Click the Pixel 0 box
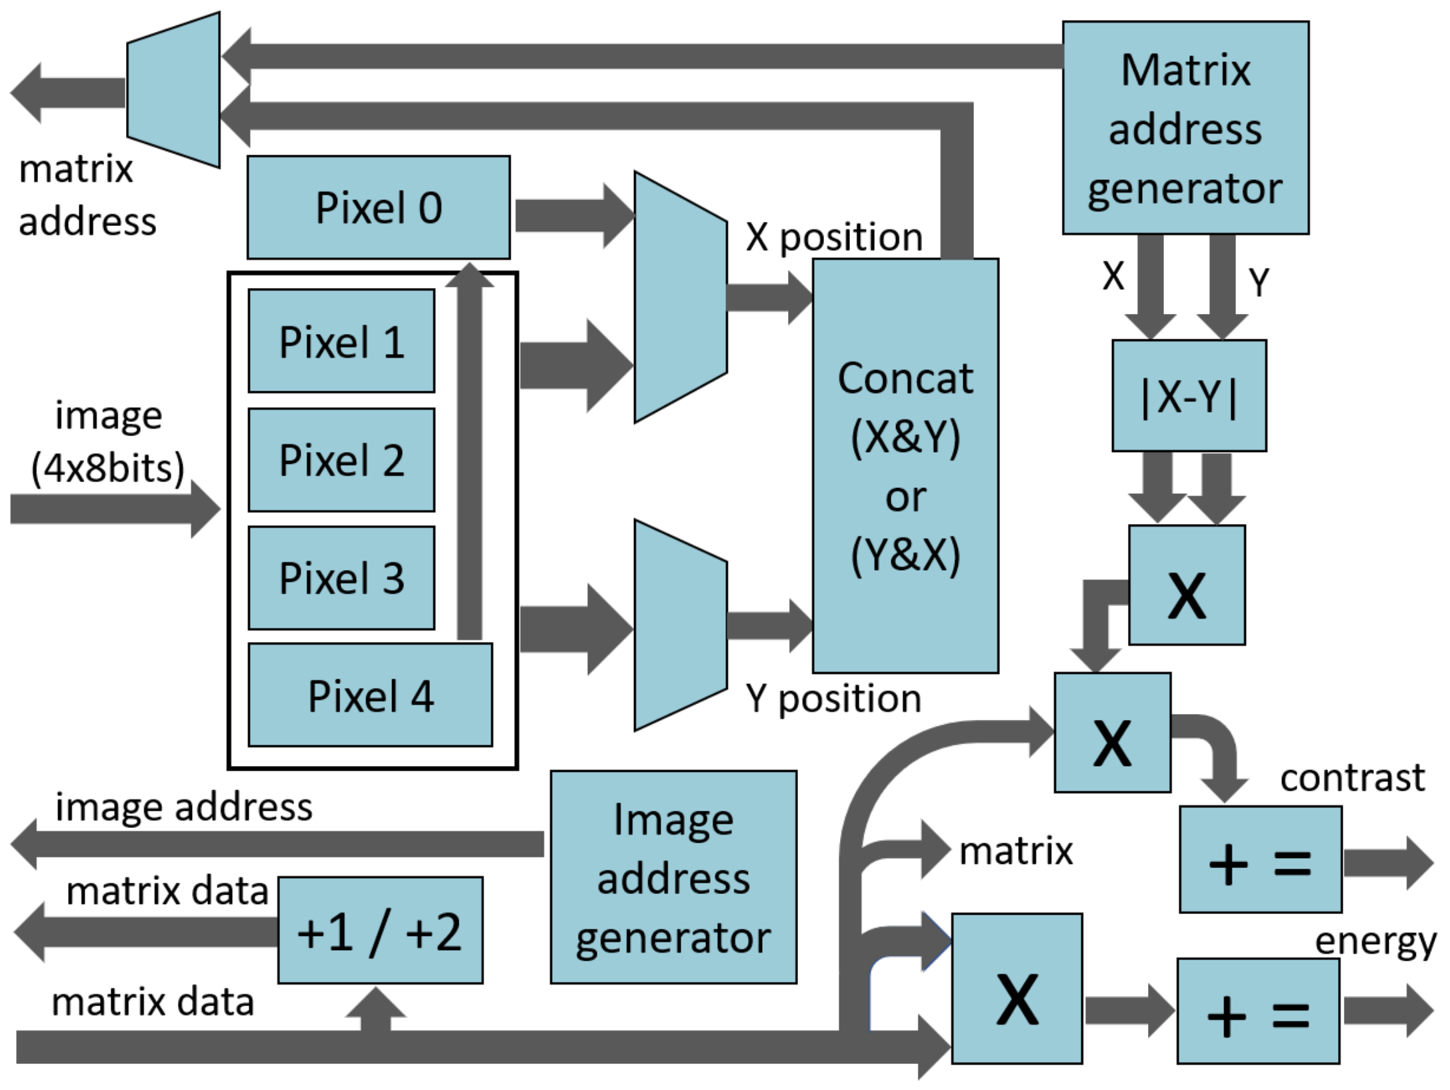(378, 207)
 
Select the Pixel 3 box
(341, 578)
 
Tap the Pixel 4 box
(370, 695)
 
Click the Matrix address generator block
(1185, 128)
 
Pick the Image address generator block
(673, 877)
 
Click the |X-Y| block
(1189, 396)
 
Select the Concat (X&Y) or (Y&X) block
(905, 465)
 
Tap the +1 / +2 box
(379, 931)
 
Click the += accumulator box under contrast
(1260, 860)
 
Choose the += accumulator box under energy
(1257, 1011)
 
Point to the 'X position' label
(834, 237)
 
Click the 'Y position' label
(833, 699)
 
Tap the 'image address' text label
(183, 807)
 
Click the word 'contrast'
(1352, 777)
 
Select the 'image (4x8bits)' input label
(108, 441)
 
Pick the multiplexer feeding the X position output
(680, 297)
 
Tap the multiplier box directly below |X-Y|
(1187, 585)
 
